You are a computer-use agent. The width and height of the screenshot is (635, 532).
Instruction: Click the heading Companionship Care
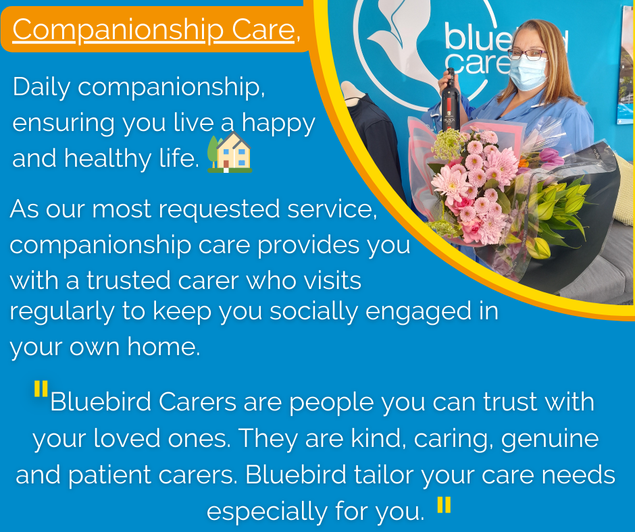[x=153, y=30]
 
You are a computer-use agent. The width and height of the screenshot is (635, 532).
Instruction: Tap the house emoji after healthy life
[x=230, y=153]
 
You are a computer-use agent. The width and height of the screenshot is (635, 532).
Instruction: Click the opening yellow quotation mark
[x=41, y=388]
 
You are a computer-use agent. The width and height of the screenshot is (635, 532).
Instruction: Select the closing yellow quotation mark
[x=444, y=505]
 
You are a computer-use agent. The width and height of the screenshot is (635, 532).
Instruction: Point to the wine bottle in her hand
[x=449, y=101]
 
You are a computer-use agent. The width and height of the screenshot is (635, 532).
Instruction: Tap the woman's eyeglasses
[x=527, y=54]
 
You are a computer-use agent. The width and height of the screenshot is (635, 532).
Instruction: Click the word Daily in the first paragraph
[x=42, y=88]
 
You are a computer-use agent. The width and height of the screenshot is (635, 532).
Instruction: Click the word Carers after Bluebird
[x=197, y=402]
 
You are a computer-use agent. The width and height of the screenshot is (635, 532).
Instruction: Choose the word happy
[x=278, y=124]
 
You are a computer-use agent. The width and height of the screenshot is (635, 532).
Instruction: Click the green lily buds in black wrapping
[x=559, y=211]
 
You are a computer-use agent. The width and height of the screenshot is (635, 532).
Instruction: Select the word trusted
[x=128, y=281]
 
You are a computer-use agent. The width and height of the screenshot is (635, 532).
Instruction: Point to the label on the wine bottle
[x=449, y=119]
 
